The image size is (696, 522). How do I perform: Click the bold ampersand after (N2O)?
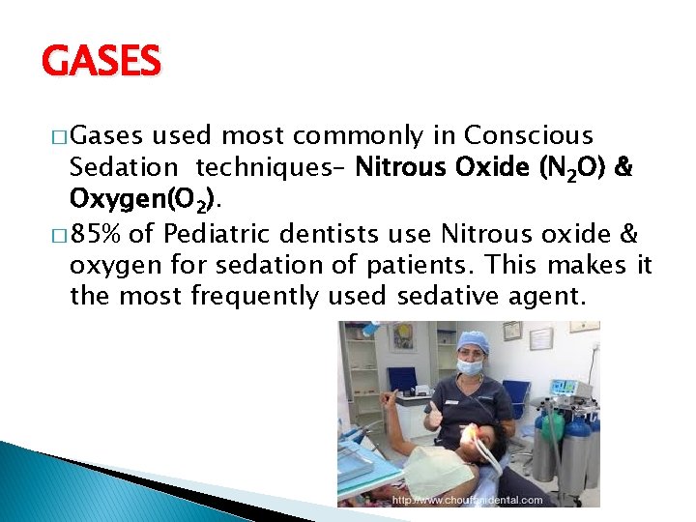point(623,168)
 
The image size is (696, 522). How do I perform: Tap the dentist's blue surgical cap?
point(473,341)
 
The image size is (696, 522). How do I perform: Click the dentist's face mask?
point(470,367)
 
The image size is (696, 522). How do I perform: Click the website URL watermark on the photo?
point(468,500)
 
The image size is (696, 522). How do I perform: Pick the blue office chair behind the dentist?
point(517,396)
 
